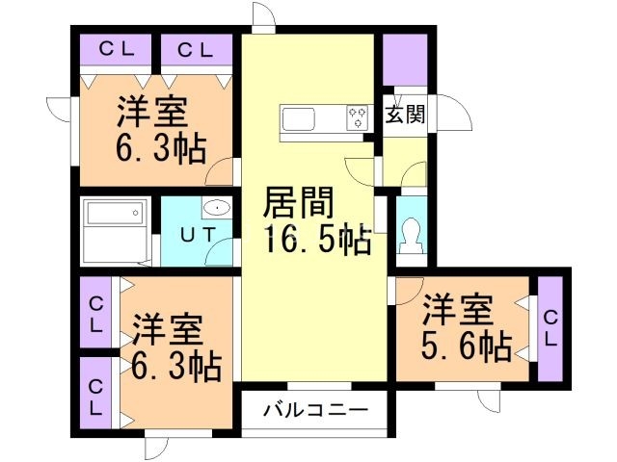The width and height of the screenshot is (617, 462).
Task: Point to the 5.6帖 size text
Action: pyautogui.click(x=466, y=346)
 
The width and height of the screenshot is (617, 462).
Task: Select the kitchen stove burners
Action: pyautogui.click(x=358, y=118)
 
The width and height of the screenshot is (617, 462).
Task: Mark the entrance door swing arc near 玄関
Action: pyautogui.click(x=455, y=117)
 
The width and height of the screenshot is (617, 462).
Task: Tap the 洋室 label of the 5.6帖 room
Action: pyautogui.click(x=458, y=312)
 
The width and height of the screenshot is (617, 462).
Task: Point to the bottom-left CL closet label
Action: pyautogui.click(x=97, y=397)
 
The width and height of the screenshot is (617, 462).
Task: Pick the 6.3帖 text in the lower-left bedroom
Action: pyautogui.click(x=176, y=366)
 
